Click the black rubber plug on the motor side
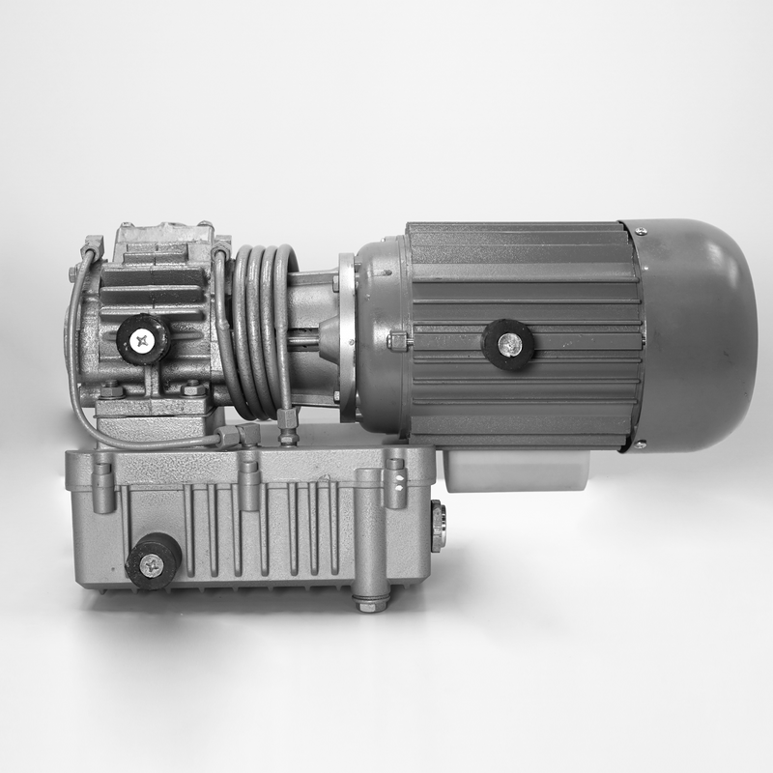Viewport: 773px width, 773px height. [x=508, y=343]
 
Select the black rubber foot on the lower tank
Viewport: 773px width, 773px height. [x=153, y=561]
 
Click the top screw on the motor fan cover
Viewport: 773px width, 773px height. [x=640, y=229]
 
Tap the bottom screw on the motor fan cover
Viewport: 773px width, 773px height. [x=639, y=444]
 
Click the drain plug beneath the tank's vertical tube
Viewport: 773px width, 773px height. [x=370, y=603]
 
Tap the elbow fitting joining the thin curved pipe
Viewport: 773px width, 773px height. [x=231, y=437]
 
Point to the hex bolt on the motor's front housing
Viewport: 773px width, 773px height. [x=397, y=341]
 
